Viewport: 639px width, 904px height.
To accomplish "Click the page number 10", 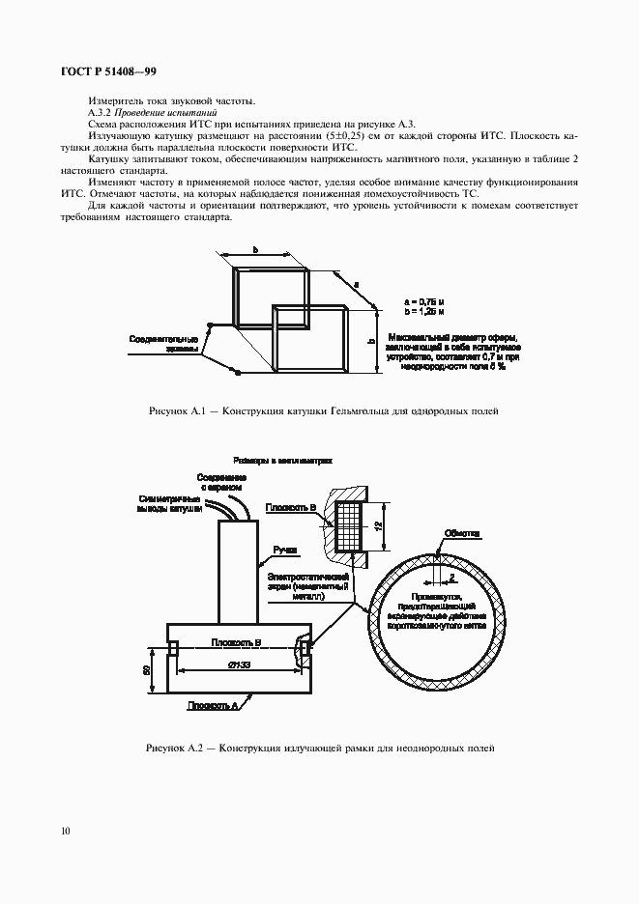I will coord(64,829).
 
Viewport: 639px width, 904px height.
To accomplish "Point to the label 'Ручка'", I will coord(285,549).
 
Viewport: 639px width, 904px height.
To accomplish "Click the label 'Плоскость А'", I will coord(214,706).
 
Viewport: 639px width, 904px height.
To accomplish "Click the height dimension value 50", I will coord(146,669).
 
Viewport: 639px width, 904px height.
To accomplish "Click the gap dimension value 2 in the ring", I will coord(451,578).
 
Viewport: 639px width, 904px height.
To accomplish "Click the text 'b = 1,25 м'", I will coord(425,312).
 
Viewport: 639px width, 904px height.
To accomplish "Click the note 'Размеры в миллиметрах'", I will coord(282,461).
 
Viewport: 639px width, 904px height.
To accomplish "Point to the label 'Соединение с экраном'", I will coord(221,483).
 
